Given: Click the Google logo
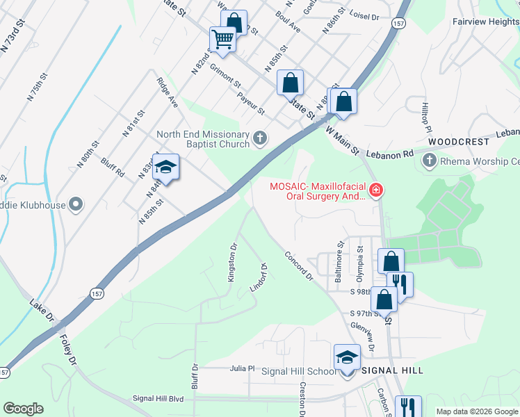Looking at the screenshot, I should (23, 409).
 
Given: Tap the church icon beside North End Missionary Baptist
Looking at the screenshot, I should (260, 139).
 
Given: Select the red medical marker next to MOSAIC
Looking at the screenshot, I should (375, 190).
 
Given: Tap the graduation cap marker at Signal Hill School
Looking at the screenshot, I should (347, 357).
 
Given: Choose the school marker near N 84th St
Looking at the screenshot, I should (166, 167).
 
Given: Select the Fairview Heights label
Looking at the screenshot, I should (485, 22).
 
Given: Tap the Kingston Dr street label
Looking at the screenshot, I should (234, 261).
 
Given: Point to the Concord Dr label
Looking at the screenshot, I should (300, 265).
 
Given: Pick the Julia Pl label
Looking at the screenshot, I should (243, 369).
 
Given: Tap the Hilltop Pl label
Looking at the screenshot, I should (426, 119).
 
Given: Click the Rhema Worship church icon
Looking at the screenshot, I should (429, 162).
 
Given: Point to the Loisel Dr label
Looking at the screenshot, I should (364, 16).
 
